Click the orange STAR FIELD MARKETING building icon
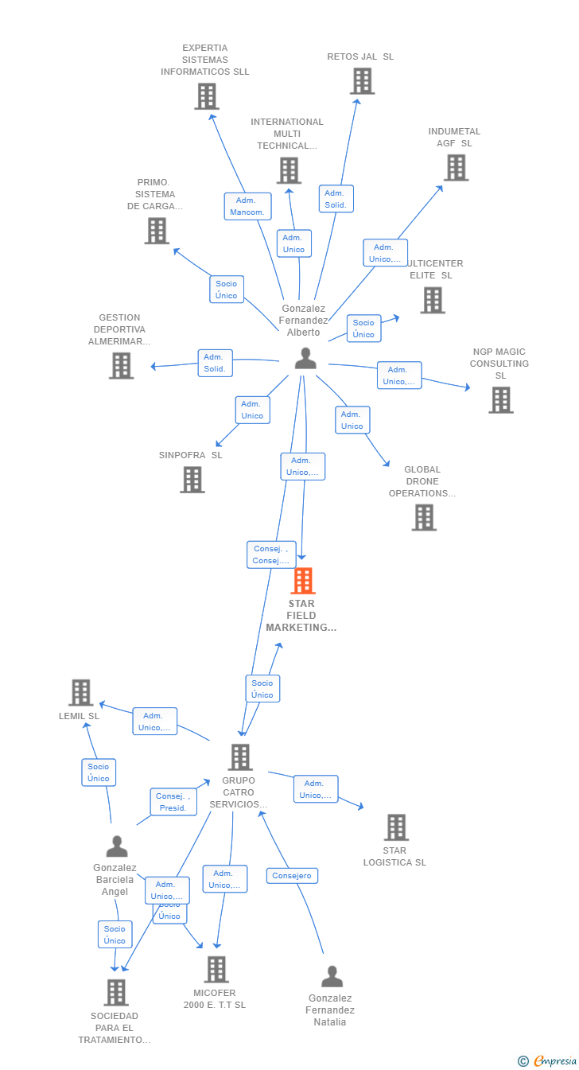(x=303, y=582)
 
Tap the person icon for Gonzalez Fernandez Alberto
(x=305, y=359)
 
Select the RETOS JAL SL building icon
(x=362, y=81)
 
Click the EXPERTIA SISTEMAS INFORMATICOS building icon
(x=206, y=96)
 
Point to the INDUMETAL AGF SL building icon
(x=456, y=168)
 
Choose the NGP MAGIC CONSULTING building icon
(x=500, y=400)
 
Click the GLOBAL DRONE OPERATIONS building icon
(x=424, y=518)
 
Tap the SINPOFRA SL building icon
(x=192, y=480)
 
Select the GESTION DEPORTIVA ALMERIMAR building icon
(x=121, y=366)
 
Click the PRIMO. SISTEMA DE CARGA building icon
(x=157, y=231)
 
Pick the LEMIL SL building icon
(x=80, y=693)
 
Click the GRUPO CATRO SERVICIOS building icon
(x=240, y=757)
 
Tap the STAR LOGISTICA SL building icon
(x=396, y=827)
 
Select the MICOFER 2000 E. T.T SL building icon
(x=216, y=970)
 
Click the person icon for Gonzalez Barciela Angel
(x=117, y=846)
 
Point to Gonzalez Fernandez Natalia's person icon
(x=332, y=976)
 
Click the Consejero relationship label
(x=292, y=876)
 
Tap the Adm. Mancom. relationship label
(x=247, y=207)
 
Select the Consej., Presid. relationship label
(x=173, y=802)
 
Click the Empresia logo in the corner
(x=549, y=1060)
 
